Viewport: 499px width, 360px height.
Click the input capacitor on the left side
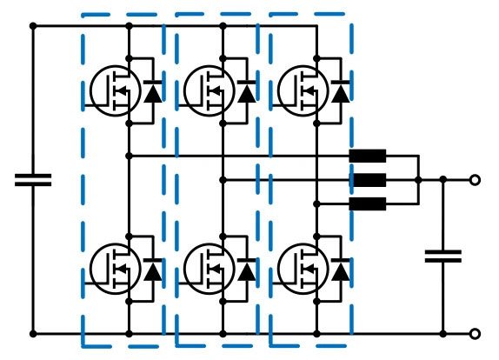pos(33,180)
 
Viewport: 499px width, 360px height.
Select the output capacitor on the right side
pos(442,256)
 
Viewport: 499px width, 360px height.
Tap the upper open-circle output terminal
pos(475,180)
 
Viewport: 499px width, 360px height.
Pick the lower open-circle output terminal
pos(475,333)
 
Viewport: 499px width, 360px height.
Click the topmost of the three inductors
pos(367,157)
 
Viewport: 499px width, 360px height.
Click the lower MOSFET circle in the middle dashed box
pos(210,270)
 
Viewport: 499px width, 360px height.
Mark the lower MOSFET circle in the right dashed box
pos(303,270)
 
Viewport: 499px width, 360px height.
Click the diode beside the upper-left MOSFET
pos(153,90)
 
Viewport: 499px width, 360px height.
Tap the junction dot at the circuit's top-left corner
pos(33,27)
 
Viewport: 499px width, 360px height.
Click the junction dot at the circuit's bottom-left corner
pos(33,333)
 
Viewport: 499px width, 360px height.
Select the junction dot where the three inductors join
pos(418,180)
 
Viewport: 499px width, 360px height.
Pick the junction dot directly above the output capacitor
pos(442,180)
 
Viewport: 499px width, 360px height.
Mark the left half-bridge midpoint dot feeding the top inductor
pos(129,156)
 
